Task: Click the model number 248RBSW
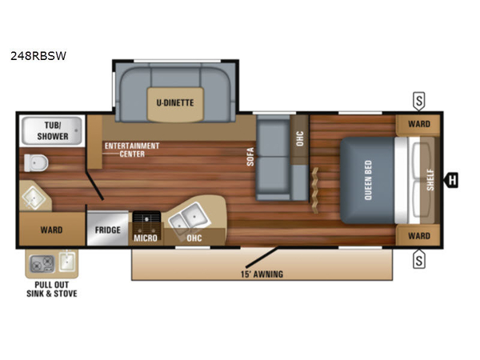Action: tap(38, 56)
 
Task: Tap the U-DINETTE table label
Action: tap(175, 103)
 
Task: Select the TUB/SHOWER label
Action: tap(53, 130)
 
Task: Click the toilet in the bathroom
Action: tap(36, 162)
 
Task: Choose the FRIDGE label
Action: tap(108, 230)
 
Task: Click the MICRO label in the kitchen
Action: tap(146, 238)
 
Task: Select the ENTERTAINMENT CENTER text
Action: tap(132, 150)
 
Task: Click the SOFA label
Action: tap(250, 157)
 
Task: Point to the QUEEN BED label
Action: tap(368, 180)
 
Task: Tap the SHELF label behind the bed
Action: tap(430, 180)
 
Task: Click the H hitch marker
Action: tap(451, 180)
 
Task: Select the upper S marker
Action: tap(419, 101)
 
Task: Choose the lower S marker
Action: tap(419, 259)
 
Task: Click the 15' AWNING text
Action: tap(262, 274)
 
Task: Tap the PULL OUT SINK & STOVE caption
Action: tap(52, 290)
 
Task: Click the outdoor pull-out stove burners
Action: tap(42, 264)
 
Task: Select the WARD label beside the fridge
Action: tap(51, 230)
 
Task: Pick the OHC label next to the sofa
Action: tap(300, 138)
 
